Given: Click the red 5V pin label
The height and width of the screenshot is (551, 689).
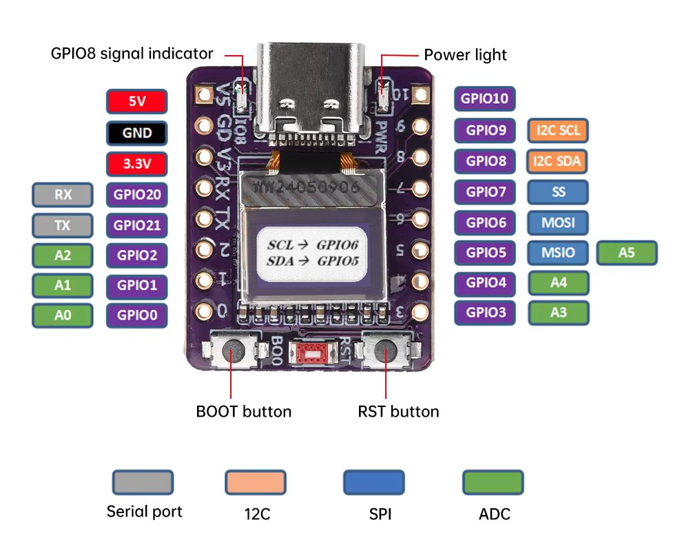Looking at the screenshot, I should [x=136, y=101].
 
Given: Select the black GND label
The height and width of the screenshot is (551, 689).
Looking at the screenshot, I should [x=136, y=132].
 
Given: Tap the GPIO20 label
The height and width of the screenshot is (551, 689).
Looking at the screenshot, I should [x=136, y=195].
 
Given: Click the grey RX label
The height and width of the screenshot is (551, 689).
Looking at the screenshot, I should [x=63, y=195].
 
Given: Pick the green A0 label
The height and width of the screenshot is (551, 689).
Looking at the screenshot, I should [x=63, y=315].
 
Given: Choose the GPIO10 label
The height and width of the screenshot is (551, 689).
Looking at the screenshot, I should [x=484, y=98].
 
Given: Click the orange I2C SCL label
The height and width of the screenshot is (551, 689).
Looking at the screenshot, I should [x=558, y=129].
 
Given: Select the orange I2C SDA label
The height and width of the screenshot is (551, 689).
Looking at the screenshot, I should [x=558, y=161].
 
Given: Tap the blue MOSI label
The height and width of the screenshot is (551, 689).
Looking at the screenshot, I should [x=558, y=222].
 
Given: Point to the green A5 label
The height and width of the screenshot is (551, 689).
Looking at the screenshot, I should [x=626, y=253].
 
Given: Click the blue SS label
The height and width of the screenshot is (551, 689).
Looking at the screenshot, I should [x=558, y=192].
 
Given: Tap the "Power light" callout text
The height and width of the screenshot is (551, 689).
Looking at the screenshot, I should [x=465, y=54].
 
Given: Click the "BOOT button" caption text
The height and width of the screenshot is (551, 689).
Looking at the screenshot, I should [x=244, y=412].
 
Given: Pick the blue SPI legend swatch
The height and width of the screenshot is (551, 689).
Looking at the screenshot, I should [x=373, y=481].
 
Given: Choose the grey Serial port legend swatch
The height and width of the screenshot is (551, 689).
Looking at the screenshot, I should [x=143, y=481].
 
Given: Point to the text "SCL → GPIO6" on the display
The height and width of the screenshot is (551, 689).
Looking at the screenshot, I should [x=313, y=245].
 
